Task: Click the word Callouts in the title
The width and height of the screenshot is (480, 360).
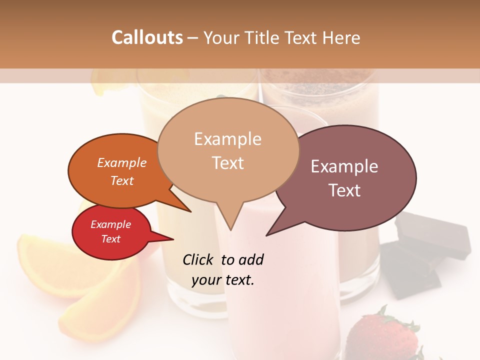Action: tap(147, 37)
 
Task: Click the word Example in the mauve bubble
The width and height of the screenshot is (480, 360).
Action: tap(344, 166)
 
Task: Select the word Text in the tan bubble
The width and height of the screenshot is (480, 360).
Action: tap(228, 163)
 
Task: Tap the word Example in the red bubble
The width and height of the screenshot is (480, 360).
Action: tap(110, 224)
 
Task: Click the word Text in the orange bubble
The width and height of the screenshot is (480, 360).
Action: tap(122, 180)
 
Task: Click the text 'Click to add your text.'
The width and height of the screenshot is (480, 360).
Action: tap(223, 270)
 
